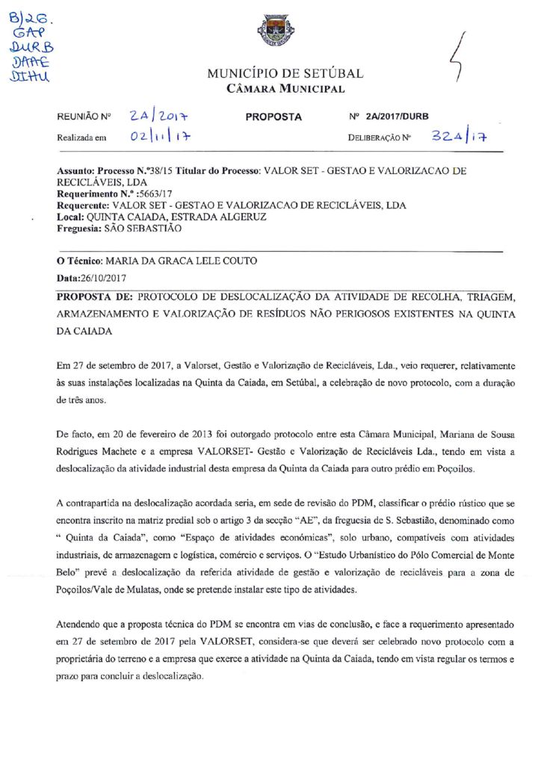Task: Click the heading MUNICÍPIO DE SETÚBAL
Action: click(x=285, y=74)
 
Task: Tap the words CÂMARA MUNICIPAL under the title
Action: click(x=285, y=90)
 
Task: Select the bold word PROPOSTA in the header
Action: click(x=273, y=117)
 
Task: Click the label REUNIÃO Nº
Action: click(x=84, y=118)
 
